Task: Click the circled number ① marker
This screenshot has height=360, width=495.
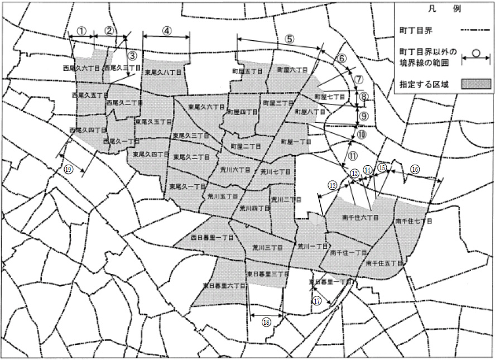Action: click(x=82, y=31)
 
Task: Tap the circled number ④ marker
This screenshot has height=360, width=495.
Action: click(x=167, y=31)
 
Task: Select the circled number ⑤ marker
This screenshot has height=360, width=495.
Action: click(x=289, y=39)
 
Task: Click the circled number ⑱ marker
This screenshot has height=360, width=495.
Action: click(x=266, y=321)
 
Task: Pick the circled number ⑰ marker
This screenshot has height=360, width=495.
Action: click(x=317, y=301)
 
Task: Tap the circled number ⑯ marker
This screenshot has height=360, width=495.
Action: click(x=415, y=169)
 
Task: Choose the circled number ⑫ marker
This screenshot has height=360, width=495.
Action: click(x=333, y=184)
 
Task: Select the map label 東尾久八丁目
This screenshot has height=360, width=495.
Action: click(x=163, y=73)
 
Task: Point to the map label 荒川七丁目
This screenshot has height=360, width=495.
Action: click(x=276, y=172)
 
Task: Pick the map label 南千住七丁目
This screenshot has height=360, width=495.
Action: click(x=414, y=221)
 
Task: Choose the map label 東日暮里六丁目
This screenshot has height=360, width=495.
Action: click(x=224, y=285)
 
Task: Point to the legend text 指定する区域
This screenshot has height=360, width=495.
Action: click(x=425, y=84)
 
